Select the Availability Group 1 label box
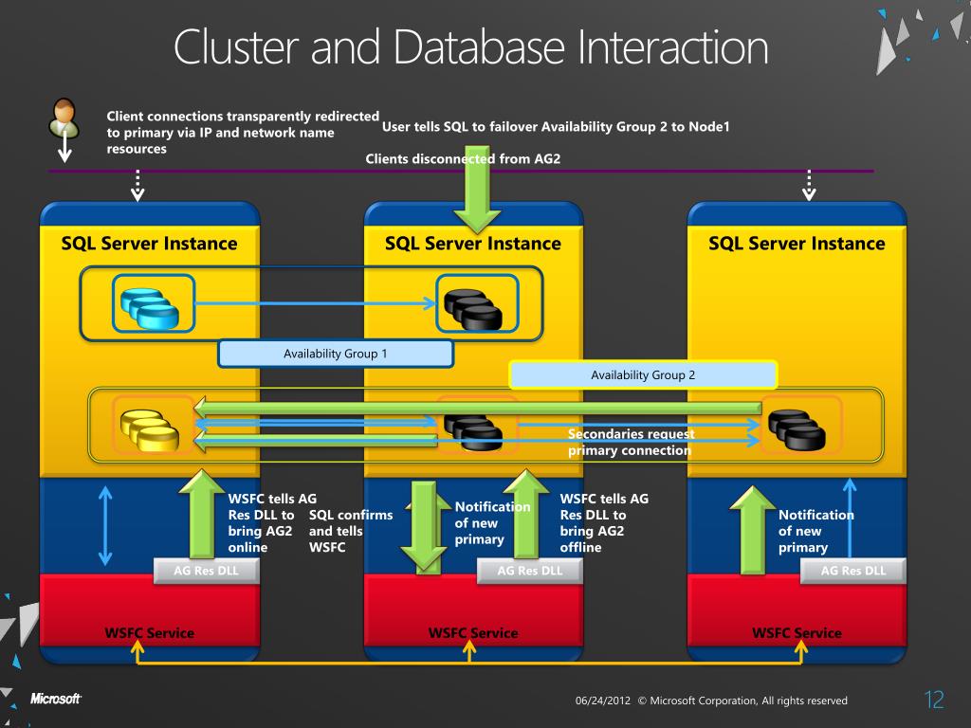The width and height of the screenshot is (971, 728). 336,354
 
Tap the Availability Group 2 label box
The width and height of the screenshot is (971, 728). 643,374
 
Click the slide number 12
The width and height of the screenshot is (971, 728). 934,701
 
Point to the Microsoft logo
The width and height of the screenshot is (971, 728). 55,699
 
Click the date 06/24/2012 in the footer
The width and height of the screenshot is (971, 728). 603,701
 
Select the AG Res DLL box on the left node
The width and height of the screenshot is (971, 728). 207,571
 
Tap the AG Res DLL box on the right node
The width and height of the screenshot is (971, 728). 853,571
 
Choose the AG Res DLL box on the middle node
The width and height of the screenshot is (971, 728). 530,571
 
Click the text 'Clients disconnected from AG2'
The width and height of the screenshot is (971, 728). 463,158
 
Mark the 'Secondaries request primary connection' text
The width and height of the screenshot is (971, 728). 631,442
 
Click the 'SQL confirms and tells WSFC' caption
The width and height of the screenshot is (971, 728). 350,531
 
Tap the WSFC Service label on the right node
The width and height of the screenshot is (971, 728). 797,632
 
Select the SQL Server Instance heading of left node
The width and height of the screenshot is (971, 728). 149,244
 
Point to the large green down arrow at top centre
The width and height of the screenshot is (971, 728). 472,190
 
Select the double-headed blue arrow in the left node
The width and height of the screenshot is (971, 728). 106,525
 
